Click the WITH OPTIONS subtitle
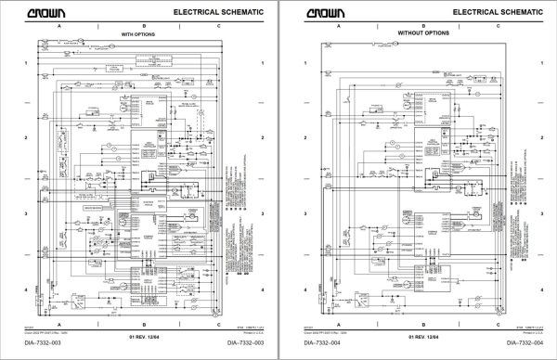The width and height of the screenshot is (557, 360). tap(140, 33)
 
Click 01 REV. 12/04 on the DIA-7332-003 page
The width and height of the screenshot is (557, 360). tap(139, 335)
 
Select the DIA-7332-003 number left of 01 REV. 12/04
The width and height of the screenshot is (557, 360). tap(36, 344)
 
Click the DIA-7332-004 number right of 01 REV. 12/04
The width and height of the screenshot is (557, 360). tap(520, 344)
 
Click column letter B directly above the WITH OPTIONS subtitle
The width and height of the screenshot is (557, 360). tap(138, 26)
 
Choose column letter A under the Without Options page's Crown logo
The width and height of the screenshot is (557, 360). tap(338, 26)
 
